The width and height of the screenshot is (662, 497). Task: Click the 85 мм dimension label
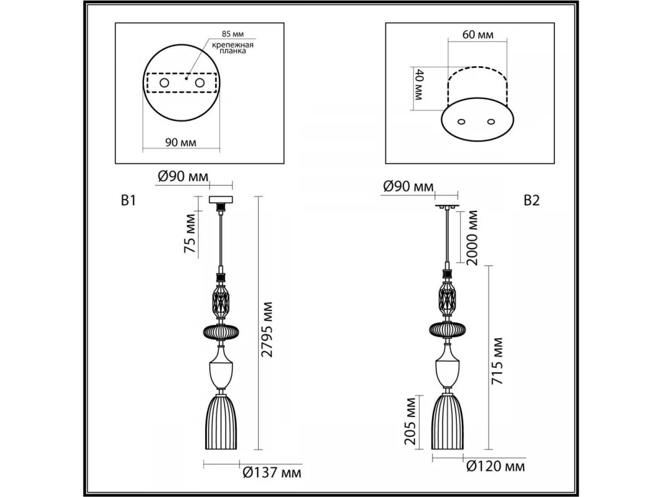pyautogui.click(x=233, y=34)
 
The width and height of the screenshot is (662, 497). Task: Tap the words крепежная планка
pyautogui.click(x=233, y=48)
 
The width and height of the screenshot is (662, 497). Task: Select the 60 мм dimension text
pyautogui.click(x=478, y=35)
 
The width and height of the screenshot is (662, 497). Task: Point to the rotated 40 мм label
pyautogui.click(x=419, y=84)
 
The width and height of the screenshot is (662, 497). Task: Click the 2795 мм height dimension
pyautogui.click(x=266, y=330)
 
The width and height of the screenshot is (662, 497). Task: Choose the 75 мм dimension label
pyautogui.click(x=190, y=234)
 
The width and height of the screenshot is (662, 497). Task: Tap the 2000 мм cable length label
pyautogui.click(x=472, y=238)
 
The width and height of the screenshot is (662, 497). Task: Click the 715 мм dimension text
pyautogui.click(x=497, y=361)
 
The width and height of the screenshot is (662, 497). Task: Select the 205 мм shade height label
pyautogui.click(x=410, y=421)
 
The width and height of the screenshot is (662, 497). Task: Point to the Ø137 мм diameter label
pyautogui.click(x=272, y=473)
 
